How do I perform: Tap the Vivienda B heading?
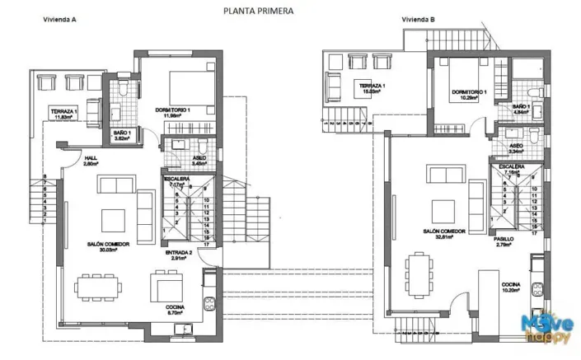pos(418,19)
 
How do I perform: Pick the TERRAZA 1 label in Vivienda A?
pos(63,114)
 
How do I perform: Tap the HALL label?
pos(91,161)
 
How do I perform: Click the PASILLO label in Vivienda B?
pos(505,241)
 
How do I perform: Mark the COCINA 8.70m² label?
pos(174,310)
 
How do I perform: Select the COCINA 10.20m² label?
pos(512,288)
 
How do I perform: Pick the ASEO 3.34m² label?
pos(516,148)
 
